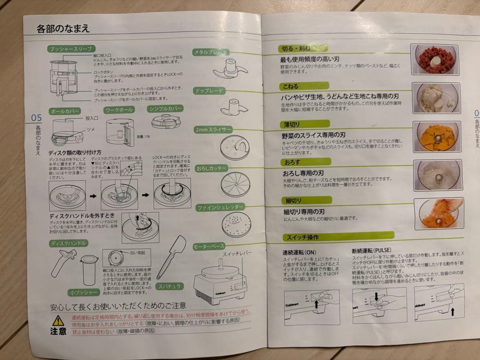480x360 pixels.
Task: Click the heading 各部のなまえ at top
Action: pyautogui.click(x=63, y=29)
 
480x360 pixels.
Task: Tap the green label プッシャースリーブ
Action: pyautogui.click(x=71, y=49)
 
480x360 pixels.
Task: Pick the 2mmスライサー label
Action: pyautogui.click(x=213, y=130)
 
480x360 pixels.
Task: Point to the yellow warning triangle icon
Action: pyautogui.click(x=58, y=320)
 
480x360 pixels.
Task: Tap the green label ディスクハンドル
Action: pyautogui.click(x=68, y=243)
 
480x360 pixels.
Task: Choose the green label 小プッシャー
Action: pyautogui.click(x=83, y=292)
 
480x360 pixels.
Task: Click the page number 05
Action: pyautogui.click(x=36, y=118)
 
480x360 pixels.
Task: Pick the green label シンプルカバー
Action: pyautogui.click(x=165, y=108)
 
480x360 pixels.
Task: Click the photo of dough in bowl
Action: pyautogui.click(x=436, y=97)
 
